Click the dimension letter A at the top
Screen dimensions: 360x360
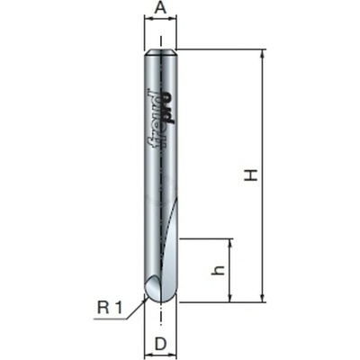coord(160,8)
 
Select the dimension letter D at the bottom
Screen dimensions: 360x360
coord(160,344)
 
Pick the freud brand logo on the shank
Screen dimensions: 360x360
coord(154,119)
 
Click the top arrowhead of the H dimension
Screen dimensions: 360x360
coord(263,54)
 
